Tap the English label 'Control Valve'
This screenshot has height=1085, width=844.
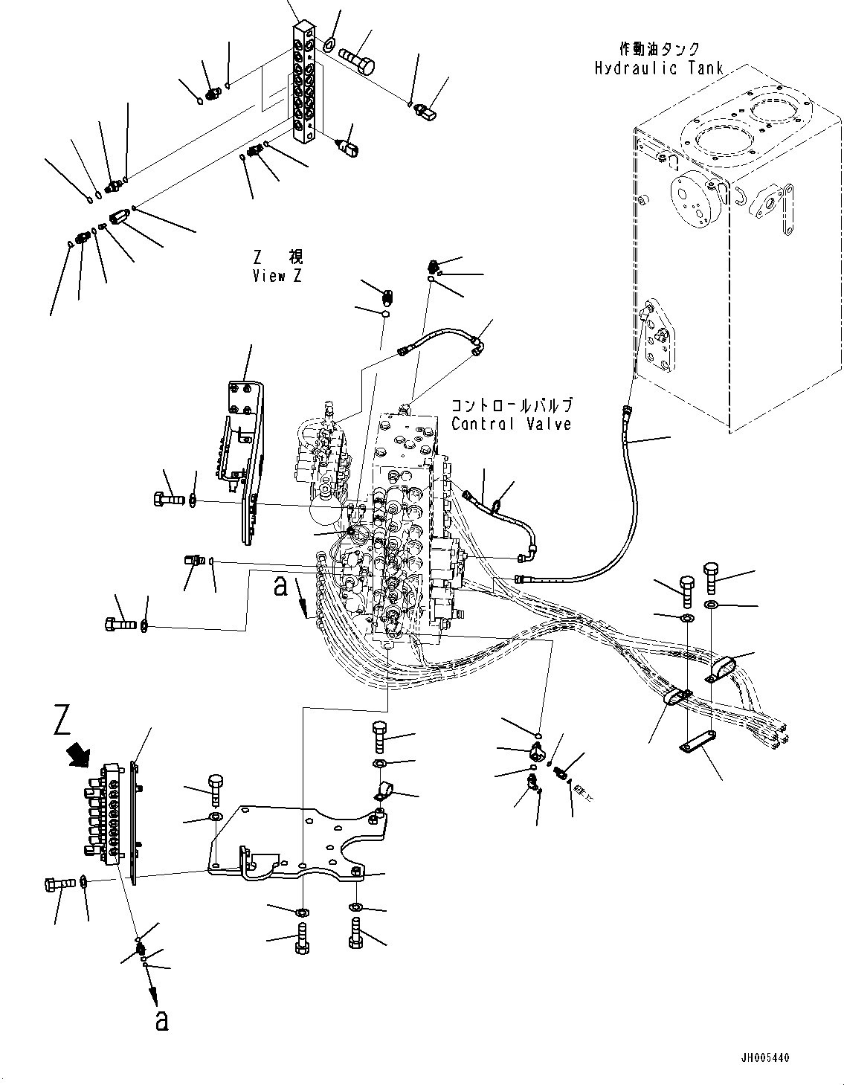(x=512, y=424)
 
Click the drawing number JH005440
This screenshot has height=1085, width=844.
(x=787, y=1057)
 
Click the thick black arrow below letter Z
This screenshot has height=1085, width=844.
(x=77, y=755)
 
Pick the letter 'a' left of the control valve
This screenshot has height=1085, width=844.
(x=281, y=587)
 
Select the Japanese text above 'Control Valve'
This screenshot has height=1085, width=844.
(x=512, y=406)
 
